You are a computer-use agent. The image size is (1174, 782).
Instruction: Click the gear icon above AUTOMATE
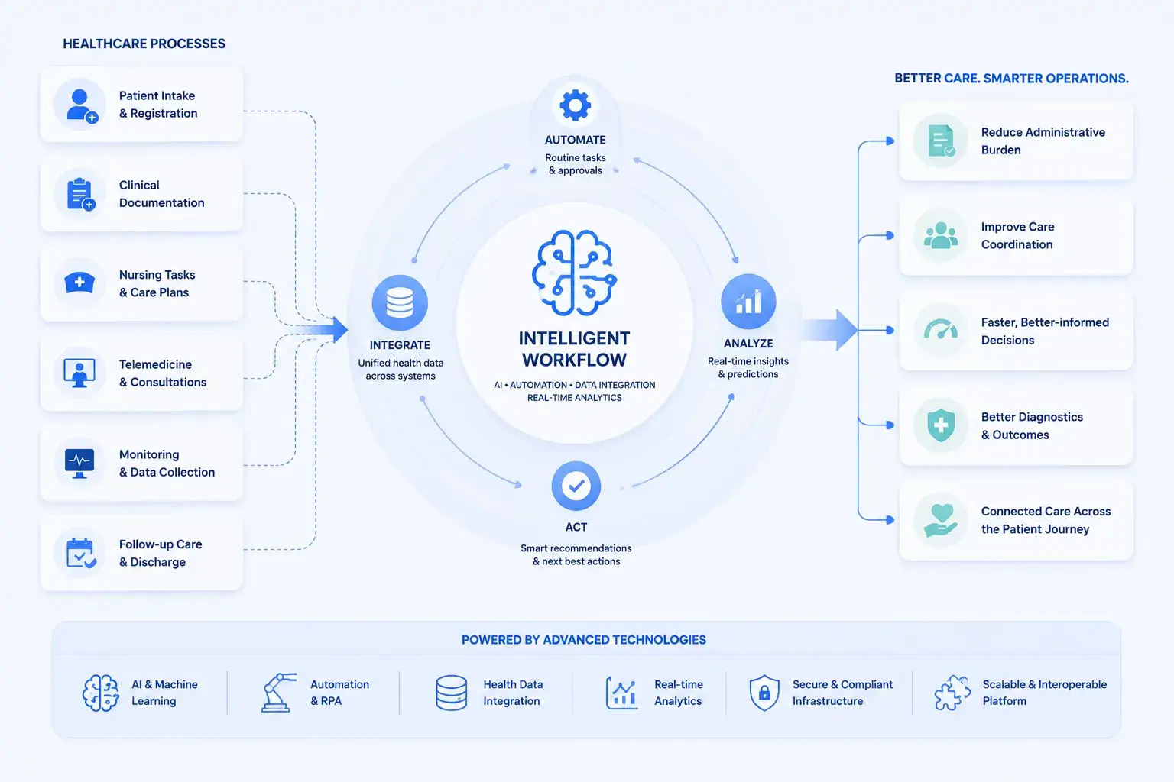pos(575,105)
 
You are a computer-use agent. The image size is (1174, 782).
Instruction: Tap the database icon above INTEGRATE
pos(400,302)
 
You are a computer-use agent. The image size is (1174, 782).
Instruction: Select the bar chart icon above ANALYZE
pos(748,302)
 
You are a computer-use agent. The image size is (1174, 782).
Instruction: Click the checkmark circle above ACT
pos(576,486)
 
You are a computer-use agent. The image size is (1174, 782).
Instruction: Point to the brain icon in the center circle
pos(575,273)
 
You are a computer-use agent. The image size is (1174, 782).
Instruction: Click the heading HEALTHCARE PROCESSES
pos(144,44)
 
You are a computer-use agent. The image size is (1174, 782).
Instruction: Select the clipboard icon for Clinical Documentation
pos(81,194)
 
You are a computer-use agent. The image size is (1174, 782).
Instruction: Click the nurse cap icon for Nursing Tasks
pos(79,283)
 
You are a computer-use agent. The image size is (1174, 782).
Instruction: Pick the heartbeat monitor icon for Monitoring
pos(79,463)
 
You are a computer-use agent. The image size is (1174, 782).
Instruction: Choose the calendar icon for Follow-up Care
pos(81,553)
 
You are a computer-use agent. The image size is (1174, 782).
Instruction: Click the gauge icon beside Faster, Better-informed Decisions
pos(941,330)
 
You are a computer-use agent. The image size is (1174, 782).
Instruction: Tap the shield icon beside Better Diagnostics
pos(941,425)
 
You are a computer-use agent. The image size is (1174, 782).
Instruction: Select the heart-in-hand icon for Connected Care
pos(941,520)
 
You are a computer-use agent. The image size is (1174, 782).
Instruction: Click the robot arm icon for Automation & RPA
pos(278,693)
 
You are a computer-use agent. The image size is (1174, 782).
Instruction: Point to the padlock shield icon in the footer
pos(764,693)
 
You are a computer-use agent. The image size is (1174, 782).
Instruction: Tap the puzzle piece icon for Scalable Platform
pos(952,693)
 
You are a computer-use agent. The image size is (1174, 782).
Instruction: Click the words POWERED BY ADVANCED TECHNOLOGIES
pos(584,639)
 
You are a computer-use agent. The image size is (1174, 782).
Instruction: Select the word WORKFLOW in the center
pos(575,360)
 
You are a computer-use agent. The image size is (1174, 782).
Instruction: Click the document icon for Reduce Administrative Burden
pos(942,141)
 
